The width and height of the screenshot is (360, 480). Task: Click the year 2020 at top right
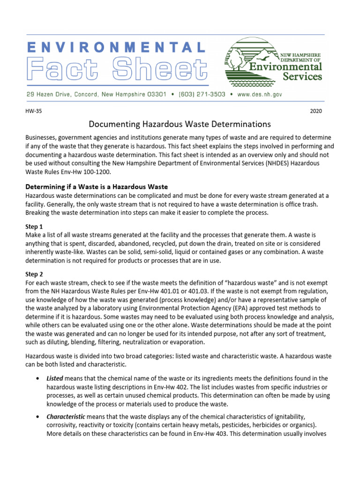316,112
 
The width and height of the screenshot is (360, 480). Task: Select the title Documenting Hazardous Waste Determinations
180,125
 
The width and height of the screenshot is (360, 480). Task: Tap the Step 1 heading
34,226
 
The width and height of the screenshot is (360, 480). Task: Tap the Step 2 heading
34,274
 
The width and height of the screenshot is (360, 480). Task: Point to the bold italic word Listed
54,378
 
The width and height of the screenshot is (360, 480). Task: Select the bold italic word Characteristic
66,417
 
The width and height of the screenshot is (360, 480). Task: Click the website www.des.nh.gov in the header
260,94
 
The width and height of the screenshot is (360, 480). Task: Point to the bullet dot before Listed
37,378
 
